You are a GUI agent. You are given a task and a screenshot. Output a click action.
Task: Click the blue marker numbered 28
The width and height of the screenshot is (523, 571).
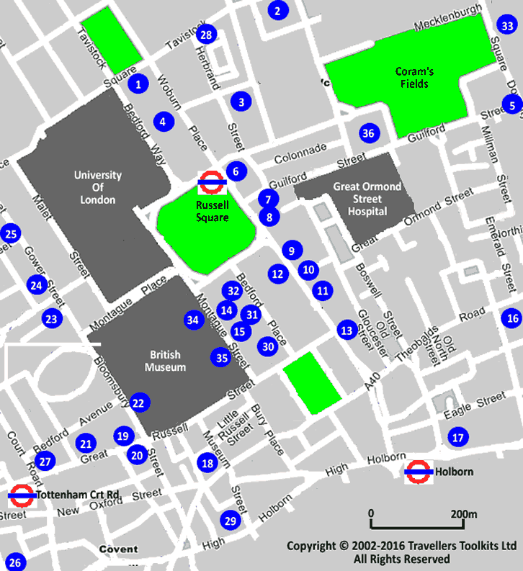(x=207, y=35)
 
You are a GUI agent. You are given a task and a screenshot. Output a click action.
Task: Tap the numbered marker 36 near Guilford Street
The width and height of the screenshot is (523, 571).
(x=368, y=133)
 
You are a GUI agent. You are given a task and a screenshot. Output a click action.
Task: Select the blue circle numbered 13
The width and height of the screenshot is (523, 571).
(x=347, y=331)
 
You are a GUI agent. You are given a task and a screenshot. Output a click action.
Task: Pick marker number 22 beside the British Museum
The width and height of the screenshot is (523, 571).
(x=138, y=403)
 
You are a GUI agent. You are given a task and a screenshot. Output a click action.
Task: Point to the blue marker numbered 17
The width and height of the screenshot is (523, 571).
(x=457, y=436)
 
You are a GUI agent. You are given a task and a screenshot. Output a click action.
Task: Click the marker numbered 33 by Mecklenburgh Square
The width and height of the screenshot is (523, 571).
(x=508, y=26)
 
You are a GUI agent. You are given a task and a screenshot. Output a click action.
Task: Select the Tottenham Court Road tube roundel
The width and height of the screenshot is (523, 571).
(x=22, y=495)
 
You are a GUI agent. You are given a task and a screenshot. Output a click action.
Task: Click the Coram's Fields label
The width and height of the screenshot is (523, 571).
(x=411, y=77)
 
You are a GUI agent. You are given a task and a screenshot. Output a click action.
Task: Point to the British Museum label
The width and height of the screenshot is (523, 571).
(x=165, y=361)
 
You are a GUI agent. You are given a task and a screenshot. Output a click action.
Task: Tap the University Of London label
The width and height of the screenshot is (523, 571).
(x=97, y=186)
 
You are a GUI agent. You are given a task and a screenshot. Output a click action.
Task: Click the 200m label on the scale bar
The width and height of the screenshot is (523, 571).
(x=463, y=513)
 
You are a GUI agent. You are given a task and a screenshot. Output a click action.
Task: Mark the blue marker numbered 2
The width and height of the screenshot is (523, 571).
(x=277, y=10)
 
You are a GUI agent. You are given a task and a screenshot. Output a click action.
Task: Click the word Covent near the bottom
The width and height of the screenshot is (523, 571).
(x=118, y=549)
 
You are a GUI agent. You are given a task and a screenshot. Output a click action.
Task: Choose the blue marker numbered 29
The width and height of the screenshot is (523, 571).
(x=230, y=521)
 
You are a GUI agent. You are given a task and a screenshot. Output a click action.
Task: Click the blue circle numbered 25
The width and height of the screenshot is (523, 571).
(x=10, y=234)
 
